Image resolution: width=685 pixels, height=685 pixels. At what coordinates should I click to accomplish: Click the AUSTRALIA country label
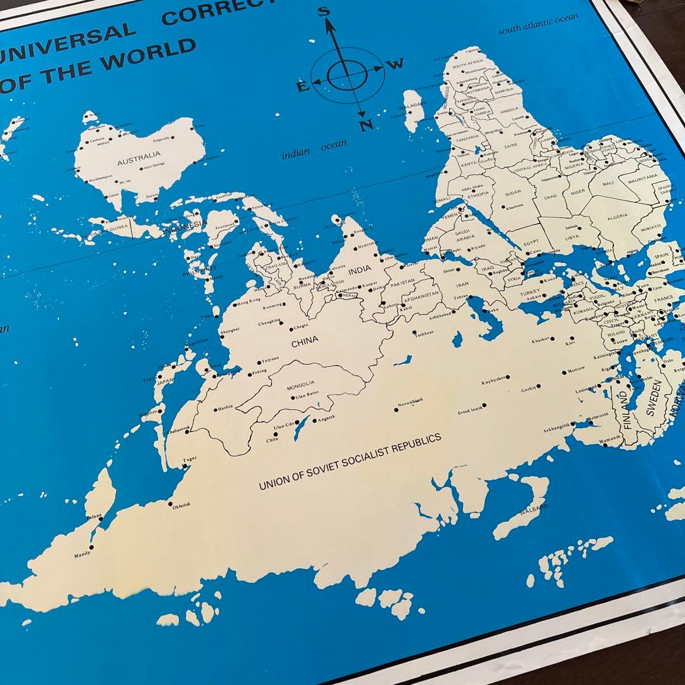(139, 153)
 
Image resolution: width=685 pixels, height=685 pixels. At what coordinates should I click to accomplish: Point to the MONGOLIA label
(301, 384)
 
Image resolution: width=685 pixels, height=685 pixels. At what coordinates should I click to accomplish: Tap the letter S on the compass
(324, 11)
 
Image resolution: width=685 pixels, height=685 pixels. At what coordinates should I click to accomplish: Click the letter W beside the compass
(396, 63)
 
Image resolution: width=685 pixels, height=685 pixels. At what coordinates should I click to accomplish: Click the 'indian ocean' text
(315, 150)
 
